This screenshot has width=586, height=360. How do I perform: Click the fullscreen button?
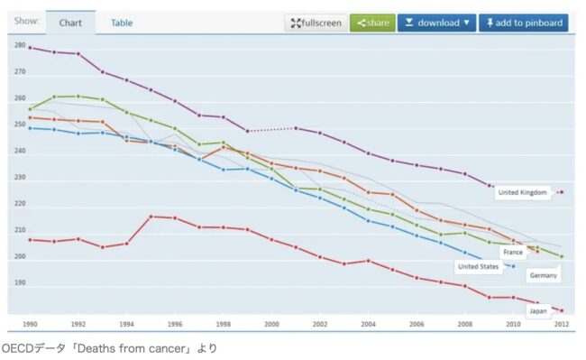click(x=316, y=23)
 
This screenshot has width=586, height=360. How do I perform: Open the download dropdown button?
click(x=436, y=23)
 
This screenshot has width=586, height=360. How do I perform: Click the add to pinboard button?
click(x=524, y=23)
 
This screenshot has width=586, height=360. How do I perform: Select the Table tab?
click(x=122, y=23)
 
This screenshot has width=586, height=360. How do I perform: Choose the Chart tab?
click(x=70, y=23)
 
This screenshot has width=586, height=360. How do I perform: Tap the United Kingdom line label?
click(x=523, y=192)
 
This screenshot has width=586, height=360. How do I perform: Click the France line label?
click(x=513, y=253)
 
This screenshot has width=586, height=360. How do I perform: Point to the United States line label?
click(x=479, y=266)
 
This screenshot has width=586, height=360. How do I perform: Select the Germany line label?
click(x=543, y=275)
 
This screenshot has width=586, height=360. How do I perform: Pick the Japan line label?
click(x=538, y=311)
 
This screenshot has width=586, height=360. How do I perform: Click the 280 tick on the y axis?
click(x=20, y=45)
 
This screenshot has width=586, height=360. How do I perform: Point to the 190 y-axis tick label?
click(x=20, y=282)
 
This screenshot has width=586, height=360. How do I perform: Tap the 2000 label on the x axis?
click(x=271, y=324)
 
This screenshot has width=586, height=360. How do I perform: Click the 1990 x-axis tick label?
click(x=30, y=324)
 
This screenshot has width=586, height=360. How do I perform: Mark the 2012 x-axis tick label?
click(x=562, y=324)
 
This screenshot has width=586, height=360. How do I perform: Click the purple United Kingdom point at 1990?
click(x=31, y=48)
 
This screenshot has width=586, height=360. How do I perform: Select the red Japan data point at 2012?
click(x=562, y=310)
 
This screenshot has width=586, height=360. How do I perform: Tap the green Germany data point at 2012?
click(x=562, y=256)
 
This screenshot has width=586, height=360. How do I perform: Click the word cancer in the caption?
click(x=167, y=349)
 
